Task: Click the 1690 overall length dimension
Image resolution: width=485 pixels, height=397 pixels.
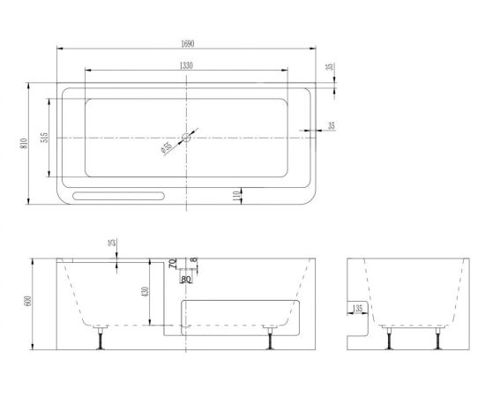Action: click(x=188, y=43)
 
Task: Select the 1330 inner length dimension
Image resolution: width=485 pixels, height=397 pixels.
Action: click(x=186, y=65)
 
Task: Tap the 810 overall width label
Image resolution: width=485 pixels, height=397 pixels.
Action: click(x=24, y=143)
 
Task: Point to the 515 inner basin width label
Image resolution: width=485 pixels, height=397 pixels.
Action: click(x=45, y=138)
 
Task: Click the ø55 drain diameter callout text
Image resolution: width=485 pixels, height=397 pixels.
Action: click(x=167, y=148)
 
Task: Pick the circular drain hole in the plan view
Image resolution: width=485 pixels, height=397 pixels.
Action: click(x=186, y=137)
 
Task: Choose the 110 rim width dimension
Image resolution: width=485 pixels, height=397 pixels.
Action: click(x=236, y=196)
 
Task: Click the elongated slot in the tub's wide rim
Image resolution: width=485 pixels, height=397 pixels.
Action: click(x=118, y=196)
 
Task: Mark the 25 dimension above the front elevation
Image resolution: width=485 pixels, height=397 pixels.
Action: click(x=113, y=242)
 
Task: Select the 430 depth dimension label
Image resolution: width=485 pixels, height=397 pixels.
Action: click(x=145, y=291)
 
